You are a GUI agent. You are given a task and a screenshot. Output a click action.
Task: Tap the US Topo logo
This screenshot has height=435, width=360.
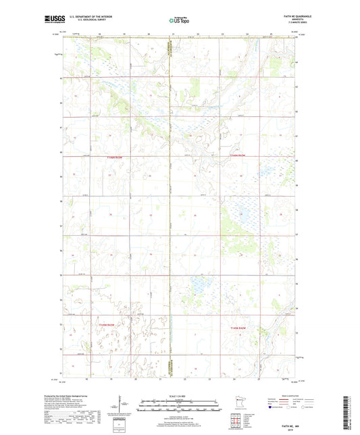[x=179, y=21]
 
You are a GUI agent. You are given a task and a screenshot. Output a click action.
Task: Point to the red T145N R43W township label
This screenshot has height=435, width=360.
[x=116, y=326]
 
